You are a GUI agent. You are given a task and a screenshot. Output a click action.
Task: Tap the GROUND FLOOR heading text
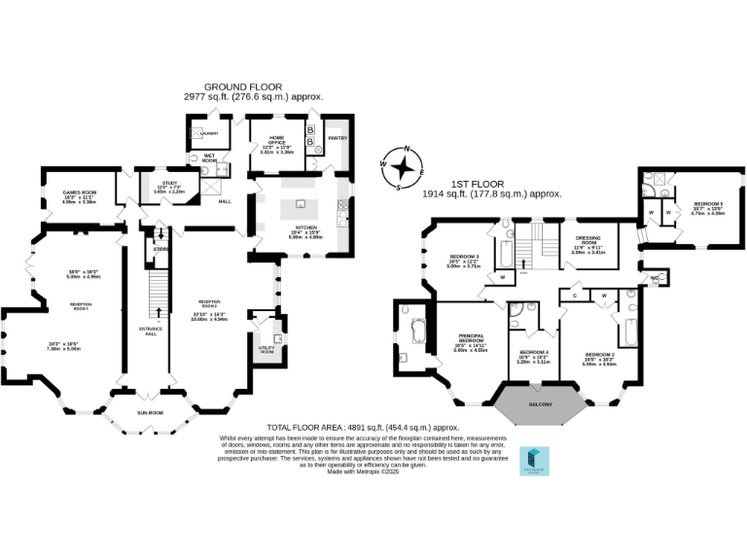(x=253, y=87)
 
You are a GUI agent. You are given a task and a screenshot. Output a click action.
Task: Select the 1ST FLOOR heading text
(x=492, y=184)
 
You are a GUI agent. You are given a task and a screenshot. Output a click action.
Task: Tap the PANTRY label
(x=338, y=138)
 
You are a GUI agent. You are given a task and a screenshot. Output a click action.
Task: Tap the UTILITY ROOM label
(x=266, y=348)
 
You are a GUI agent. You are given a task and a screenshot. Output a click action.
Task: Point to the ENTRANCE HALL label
(x=148, y=332)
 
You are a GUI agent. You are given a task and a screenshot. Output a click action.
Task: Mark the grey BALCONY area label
(x=540, y=404)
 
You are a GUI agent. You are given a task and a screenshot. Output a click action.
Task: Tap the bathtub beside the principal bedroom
(x=419, y=332)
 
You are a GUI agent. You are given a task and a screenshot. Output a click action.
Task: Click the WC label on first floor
(x=657, y=278)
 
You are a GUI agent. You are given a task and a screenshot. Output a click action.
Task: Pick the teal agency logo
(x=535, y=461)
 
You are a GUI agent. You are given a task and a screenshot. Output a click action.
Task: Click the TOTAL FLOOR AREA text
(x=363, y=427)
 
